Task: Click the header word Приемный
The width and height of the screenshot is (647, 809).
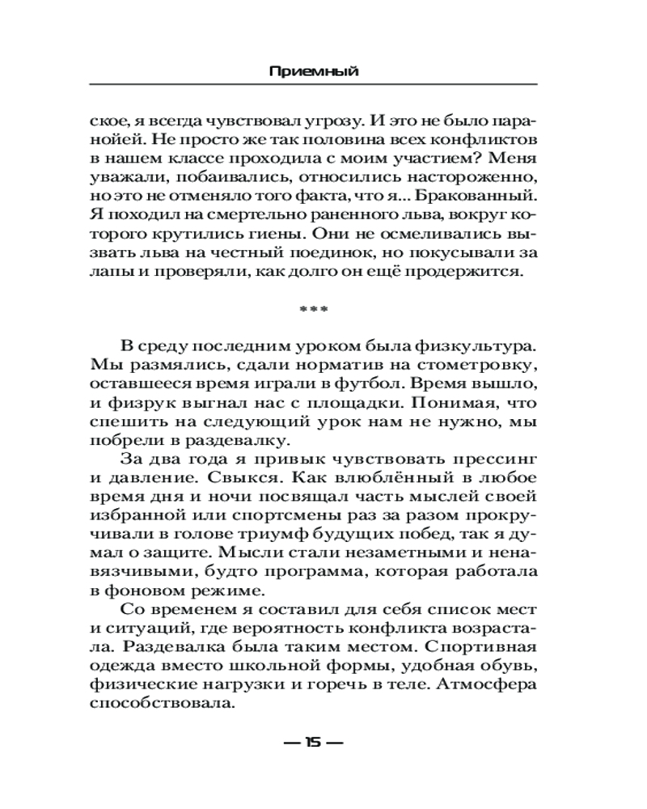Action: tap(313, 71)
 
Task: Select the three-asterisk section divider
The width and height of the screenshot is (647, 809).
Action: tap(313, 309)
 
